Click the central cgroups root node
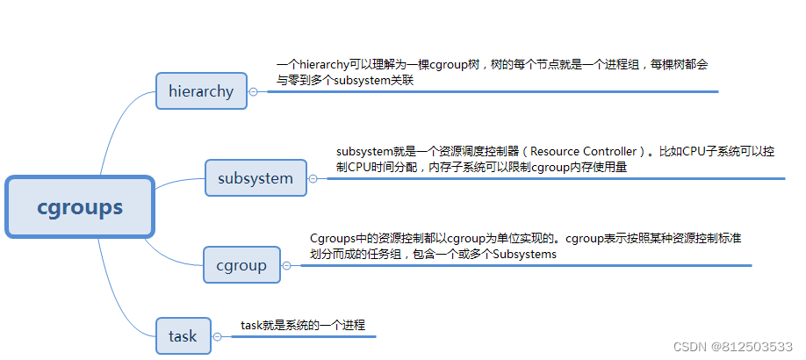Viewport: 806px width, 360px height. point(80,207)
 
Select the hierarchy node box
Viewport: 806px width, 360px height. point(201,90)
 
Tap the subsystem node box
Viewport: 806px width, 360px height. point(255,178)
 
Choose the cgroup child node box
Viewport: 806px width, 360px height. point(241,265)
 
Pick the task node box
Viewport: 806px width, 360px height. point(183,335)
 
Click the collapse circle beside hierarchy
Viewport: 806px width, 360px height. point(254,91)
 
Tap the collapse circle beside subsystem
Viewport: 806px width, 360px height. point(313,178)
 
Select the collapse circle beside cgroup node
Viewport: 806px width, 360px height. point(287,265)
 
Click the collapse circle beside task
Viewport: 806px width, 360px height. point(217,335)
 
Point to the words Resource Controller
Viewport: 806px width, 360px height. point(585,152)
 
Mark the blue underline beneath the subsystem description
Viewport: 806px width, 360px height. point(553,178)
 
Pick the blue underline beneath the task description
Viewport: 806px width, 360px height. point(299,335)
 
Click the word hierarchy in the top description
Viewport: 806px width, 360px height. point(327,65)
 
